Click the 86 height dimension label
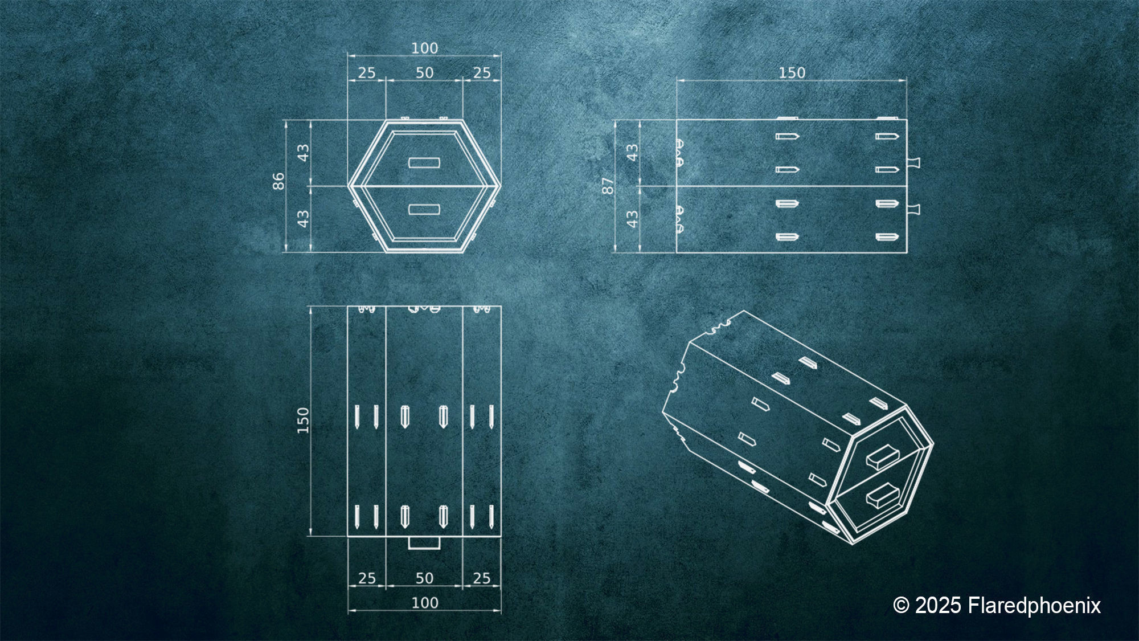[278, 182]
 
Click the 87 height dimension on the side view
[608, 186]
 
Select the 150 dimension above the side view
[792, 73]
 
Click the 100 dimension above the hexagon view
[424, 48]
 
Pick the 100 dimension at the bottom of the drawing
[424, 603]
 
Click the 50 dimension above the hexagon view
[424, 73]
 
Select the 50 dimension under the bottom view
[424, 578]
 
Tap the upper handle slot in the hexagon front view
[424, 162]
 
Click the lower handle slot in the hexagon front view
[424, 210]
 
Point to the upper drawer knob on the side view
[913, 162]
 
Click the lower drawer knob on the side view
[913, 208]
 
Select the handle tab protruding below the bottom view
[424, 543]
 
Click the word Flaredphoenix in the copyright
[1034, 605]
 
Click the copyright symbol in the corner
[901, 605]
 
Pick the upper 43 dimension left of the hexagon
[304, 153]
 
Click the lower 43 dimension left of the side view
[632, 219]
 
